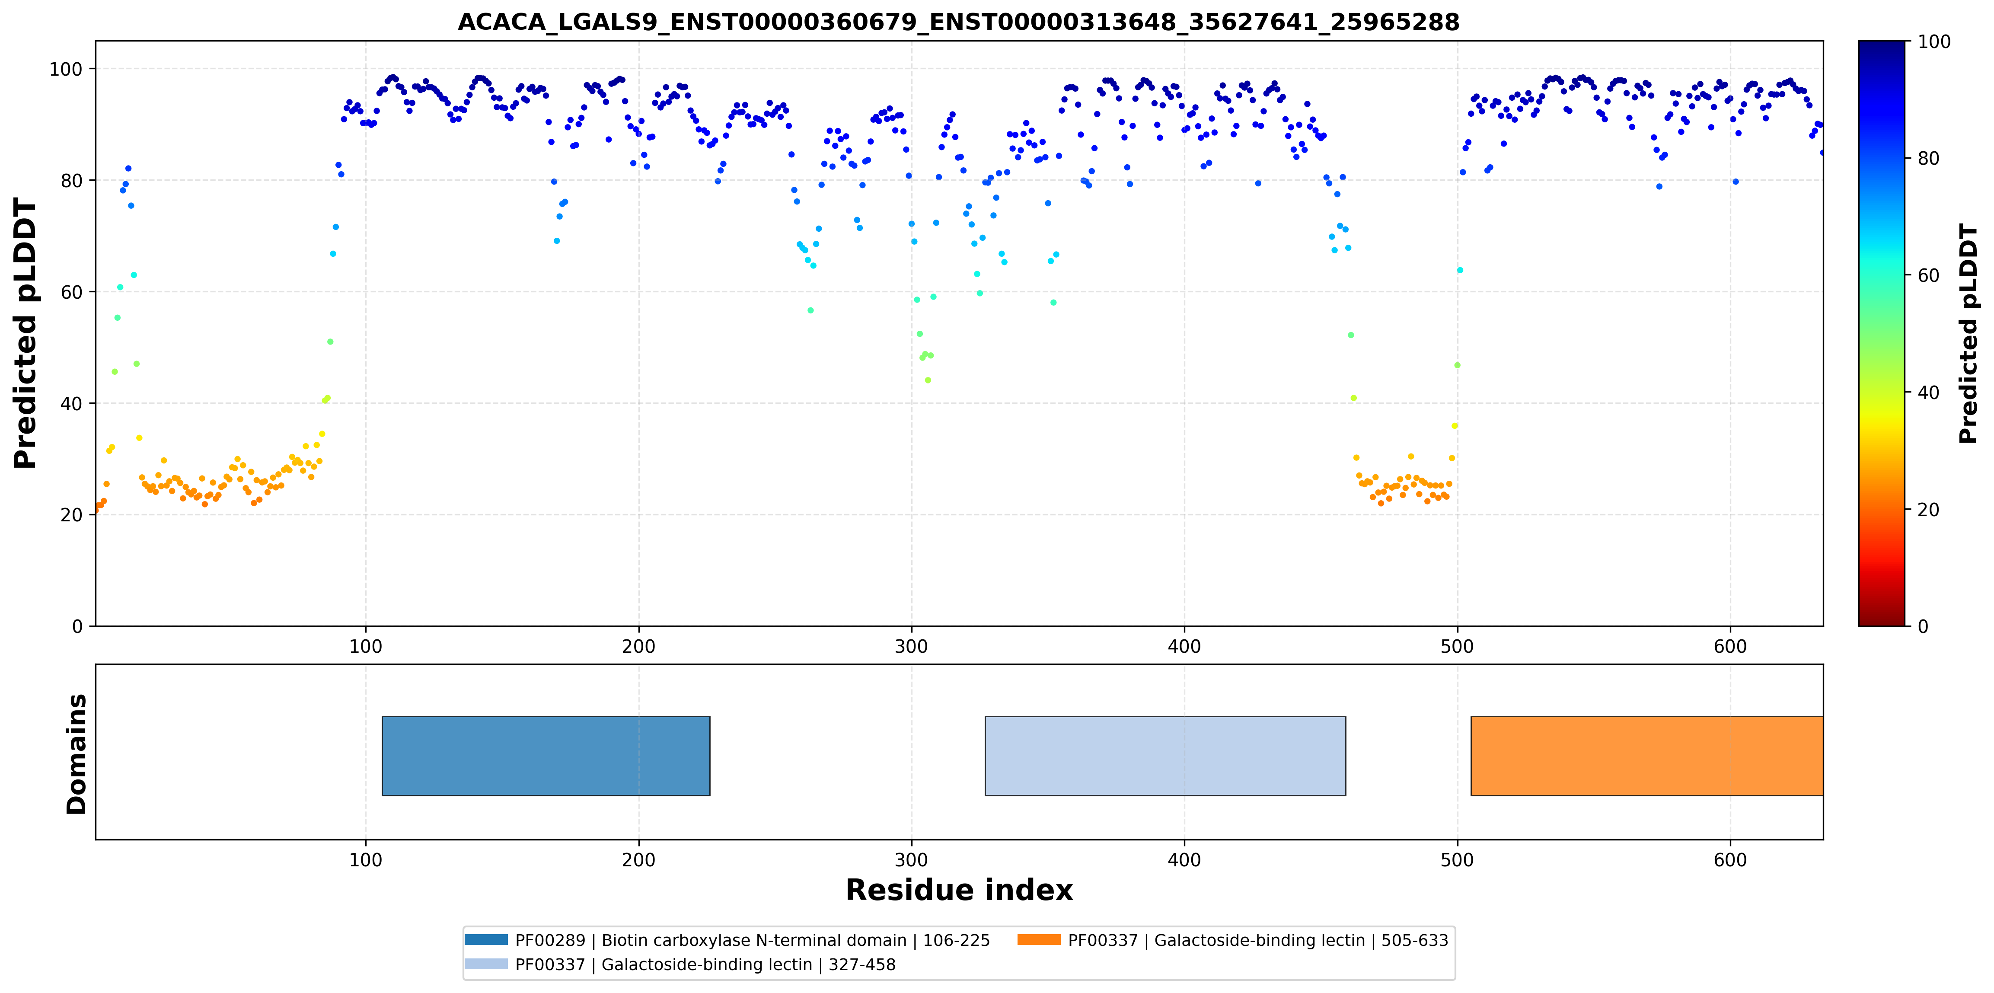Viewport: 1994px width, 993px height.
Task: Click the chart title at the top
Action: (x=958, y=22)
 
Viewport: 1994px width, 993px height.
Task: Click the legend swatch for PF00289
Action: (x=486, y=939)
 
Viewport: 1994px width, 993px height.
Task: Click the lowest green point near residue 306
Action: (x=928, y=380)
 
